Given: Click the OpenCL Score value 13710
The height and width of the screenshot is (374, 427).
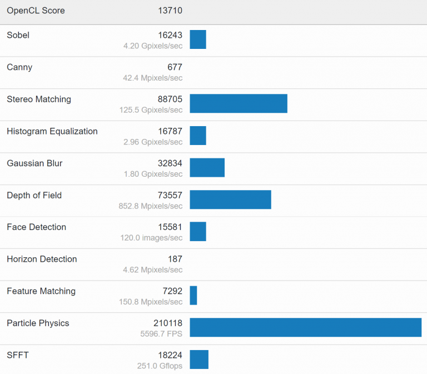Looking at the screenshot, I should [x=170, y=11].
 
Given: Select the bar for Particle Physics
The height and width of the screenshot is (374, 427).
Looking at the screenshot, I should [x=305, y=327].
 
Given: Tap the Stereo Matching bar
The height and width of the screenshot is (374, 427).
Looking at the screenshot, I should [x=239, y=103].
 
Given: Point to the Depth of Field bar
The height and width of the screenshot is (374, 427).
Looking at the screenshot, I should [x=230, y=200].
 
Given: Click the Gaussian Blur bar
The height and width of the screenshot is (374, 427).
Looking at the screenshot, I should [x=207, y=167].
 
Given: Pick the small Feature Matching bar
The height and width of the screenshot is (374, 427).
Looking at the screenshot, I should [x=193, y=295].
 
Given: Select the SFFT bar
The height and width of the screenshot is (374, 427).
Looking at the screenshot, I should [x=199, y=359].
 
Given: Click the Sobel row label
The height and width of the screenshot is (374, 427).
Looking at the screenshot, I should [x=18, y=35].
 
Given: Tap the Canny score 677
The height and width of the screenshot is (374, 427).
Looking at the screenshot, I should [x=175, y=67].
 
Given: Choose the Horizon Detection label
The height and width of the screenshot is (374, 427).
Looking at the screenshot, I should [x=42, y=259].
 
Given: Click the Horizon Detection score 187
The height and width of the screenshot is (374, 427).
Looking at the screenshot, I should [x=175, y=259].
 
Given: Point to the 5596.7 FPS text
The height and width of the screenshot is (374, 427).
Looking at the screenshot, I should [x=161, y=334].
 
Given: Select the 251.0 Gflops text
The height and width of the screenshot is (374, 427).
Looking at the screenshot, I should [x=160, y=366].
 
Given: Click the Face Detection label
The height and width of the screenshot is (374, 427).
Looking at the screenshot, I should [x=36, y=227].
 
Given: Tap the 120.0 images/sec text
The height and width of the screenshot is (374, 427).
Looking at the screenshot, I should [x=151, y=238].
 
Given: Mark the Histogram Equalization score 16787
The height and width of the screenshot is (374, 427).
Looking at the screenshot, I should [x=170, y=131].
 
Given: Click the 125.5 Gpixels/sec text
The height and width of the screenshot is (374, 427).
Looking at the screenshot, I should [x=151, y=110].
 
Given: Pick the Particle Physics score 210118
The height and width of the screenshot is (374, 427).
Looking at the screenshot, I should [x=168, y=323].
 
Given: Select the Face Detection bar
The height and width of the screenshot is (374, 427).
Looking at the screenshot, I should [x=198, y=231].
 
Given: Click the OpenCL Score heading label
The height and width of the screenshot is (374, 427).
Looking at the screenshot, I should [x=36, y=11].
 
